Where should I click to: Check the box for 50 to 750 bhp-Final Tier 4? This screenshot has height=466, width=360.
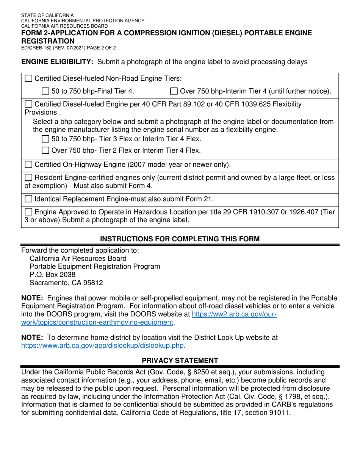coord(45,91)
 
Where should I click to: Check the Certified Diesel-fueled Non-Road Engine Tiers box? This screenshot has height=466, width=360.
coord(28,78)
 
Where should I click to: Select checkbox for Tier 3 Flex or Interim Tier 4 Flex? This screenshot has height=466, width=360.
coord(45,139)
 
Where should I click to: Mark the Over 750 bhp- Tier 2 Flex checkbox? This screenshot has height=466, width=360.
coord(45,150)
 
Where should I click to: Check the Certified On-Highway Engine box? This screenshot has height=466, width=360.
coord(28,165)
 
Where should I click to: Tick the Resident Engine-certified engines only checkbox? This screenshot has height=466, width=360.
coord(28,178)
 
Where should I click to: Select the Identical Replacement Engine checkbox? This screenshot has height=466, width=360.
coord(28,199)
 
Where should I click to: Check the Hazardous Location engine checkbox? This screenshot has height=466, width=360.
coord(28,212)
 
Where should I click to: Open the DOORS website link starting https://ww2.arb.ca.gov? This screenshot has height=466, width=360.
coord(235,314)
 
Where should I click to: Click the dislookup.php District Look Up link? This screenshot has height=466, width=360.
coord(102,346)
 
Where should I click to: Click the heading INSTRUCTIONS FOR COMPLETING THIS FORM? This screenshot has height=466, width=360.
coord(180,239)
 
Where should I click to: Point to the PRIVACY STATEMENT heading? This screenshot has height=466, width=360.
coord(180,360)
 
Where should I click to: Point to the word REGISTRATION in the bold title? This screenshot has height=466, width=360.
coord(48,41)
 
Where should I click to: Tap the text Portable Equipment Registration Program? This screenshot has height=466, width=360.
coord(95,266)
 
